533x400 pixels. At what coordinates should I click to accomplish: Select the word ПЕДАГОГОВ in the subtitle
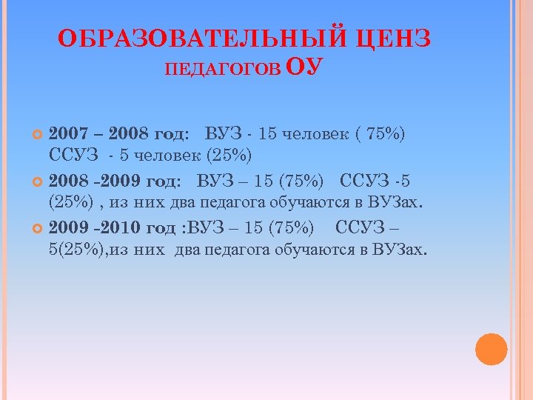pyautogui.click(x=222, y=70)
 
